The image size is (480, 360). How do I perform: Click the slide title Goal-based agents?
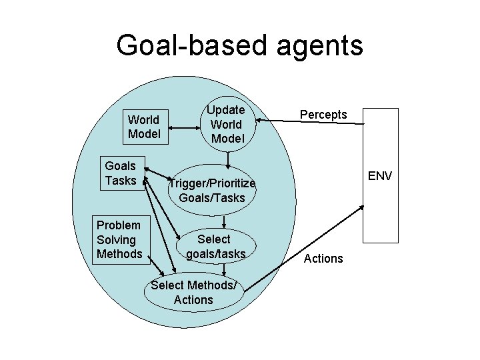pos(239,45)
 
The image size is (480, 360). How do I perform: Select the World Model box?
pos(144,127)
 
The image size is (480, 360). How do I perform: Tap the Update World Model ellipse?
pos(227,125)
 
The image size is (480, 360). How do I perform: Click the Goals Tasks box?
pos(121,173)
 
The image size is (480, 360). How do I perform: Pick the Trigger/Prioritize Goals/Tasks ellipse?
pos(212,191)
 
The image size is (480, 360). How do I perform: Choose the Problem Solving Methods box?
pos(120,239)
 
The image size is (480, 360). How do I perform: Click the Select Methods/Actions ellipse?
pos(193,293)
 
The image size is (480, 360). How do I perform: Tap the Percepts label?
pos(323,115)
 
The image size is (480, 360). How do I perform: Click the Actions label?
pos(323,258)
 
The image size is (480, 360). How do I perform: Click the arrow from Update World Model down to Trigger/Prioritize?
pos(228,159)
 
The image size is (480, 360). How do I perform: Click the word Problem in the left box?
pos(119,225)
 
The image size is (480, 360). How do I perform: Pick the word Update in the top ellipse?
pos(226,109)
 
